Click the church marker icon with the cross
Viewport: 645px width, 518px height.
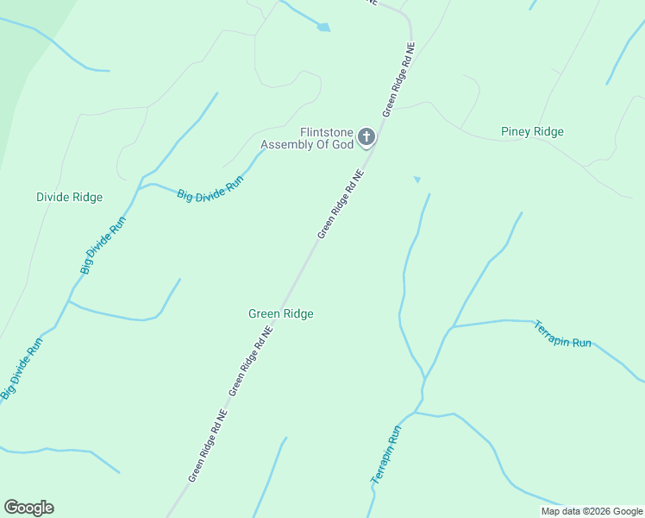(366, 136)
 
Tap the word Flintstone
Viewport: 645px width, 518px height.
(327, 132)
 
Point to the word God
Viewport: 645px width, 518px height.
(341, 145)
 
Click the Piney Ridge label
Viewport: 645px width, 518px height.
(532, 132)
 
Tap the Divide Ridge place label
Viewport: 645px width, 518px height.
(69, 197)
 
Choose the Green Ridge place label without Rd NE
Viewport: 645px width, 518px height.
(280, 314)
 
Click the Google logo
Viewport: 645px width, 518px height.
(28, 508)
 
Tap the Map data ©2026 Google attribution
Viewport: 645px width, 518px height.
(592, 511)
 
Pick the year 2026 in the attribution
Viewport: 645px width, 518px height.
(598, 511)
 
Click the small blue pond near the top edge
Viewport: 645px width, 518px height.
(323, 28)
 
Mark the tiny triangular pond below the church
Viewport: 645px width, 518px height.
(417, 180)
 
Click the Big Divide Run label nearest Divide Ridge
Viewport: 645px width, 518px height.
(103, 245)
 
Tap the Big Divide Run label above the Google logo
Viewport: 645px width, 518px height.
(22, 369)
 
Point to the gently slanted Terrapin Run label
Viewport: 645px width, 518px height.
(562, 334)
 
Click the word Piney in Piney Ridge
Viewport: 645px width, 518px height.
(517, 132)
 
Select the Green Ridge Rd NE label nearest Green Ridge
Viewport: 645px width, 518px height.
(251, 361)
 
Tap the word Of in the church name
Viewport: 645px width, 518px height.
(322, 145)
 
